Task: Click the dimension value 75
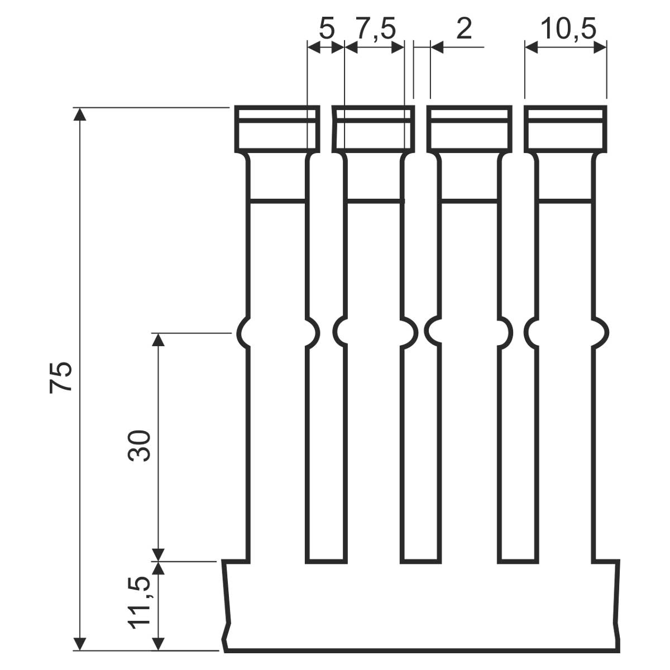[61, 377]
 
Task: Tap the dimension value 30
[139, 446]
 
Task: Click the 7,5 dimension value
[376, 30]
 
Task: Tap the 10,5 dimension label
[568, 30]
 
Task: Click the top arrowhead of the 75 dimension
[80, 114]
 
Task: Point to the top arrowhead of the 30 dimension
[159, 339]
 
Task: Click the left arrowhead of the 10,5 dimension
[532, 47]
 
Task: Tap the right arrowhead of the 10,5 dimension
[600, 47]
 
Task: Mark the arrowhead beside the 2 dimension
[437, 47]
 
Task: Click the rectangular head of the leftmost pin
[277, 128]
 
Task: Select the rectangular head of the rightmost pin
[566, 128]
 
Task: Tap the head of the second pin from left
[374, 128]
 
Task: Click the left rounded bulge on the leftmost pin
[243, 333]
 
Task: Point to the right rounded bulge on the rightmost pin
[600, 333]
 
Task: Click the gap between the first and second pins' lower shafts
[326, 452]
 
